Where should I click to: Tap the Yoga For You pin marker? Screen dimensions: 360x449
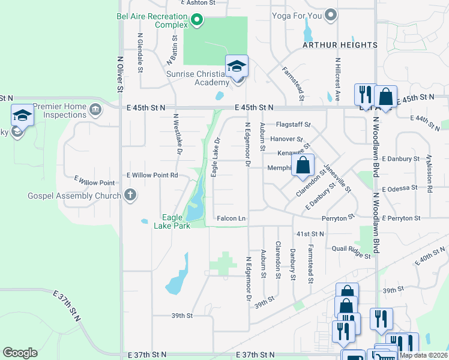click(x=330, y=16)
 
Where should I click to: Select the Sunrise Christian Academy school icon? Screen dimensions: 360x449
click(x=237, y=67)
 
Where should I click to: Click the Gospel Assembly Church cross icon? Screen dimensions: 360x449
click(x=129, y=196)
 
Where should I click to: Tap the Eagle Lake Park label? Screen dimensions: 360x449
click(x=171, y=221)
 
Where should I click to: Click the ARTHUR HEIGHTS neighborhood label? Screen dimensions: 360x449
click(x=340, y=45)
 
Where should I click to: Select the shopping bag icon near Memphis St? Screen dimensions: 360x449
click(x=304, y=166)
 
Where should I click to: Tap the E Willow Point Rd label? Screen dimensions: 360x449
click(x=152, y=175)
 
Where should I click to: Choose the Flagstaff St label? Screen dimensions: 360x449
click(x=293, y=125)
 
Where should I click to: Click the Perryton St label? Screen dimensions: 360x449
click(x=334, y=218)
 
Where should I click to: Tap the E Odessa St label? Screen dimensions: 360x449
click(x=399, y=188)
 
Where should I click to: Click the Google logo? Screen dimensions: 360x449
click(x=20, y=353)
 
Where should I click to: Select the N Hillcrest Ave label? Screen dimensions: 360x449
click(x=338, y=79)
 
